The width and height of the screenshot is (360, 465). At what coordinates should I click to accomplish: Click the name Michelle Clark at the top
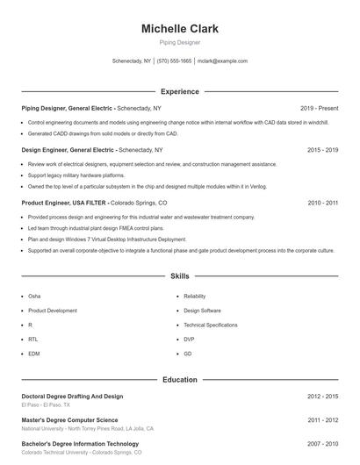click(179, 29)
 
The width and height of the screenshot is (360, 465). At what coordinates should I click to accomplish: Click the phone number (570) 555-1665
click(175, 61)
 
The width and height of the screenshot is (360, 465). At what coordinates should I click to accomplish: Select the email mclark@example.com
click(222, 61)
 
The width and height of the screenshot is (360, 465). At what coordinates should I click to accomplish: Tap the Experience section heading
click(179, 91)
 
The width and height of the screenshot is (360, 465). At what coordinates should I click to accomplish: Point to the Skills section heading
click(179, 275)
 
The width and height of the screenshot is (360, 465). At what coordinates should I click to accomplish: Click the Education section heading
click(179, 379)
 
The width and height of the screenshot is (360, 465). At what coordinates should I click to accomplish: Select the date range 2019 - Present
click(319, 108)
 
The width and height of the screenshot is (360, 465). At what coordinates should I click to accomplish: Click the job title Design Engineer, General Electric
click(68, 150)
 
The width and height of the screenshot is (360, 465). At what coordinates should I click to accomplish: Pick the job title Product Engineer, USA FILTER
click(65, 203)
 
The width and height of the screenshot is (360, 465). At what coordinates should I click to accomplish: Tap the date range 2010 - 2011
click(322, 203)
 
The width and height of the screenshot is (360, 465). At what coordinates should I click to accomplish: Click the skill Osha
click(34, 297)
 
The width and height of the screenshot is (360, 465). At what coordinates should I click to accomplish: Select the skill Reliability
click(194, 297)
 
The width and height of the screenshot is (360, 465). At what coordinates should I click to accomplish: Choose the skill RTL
click(32, 339)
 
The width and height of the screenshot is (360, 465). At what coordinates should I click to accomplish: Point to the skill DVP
click(189, 339)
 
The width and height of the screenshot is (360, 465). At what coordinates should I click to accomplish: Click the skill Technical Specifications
click(210, 325)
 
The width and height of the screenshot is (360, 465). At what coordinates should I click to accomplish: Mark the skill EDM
click(33, 353)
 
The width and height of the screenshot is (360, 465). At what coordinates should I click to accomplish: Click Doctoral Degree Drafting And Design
click(72, 397)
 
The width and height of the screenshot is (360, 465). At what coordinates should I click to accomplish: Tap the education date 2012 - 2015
click(322, 397)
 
